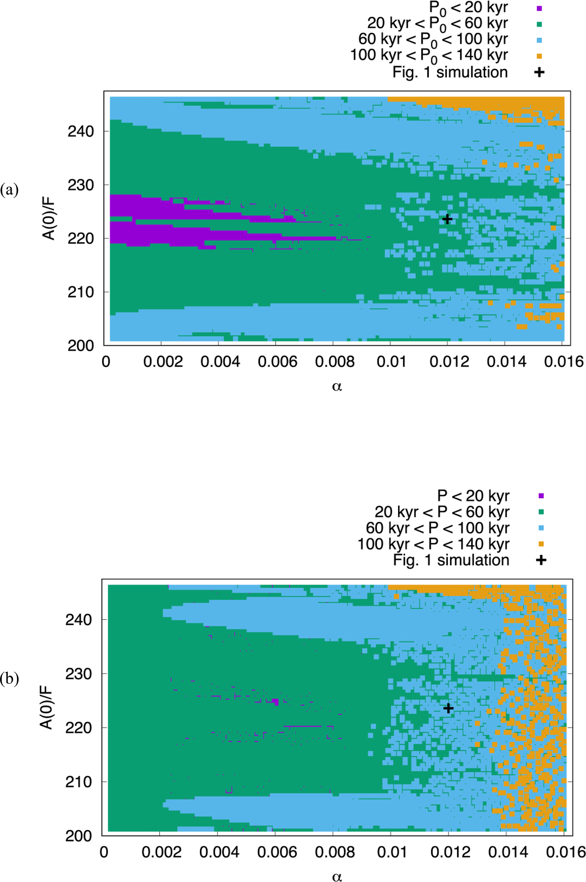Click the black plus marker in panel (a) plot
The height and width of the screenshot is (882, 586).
coord(447,219)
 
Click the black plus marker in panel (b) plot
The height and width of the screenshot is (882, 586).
coord(448,708)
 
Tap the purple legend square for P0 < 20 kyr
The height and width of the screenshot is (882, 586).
coord(539,8)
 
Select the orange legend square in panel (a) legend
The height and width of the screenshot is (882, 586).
coord(539,56)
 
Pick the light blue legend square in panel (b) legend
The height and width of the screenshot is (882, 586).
coord(541,528)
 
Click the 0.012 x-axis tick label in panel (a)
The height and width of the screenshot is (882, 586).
coord(449,362)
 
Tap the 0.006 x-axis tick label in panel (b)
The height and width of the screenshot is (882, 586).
coord(277,851)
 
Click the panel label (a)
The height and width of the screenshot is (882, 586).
coord(9,190)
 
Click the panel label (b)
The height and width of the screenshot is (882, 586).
coord(9,679)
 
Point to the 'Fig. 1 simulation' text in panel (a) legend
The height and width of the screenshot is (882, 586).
coord(450,72)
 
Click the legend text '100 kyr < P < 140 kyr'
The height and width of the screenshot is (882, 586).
coord(433,544)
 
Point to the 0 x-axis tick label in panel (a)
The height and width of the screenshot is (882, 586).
coord(106,362)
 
